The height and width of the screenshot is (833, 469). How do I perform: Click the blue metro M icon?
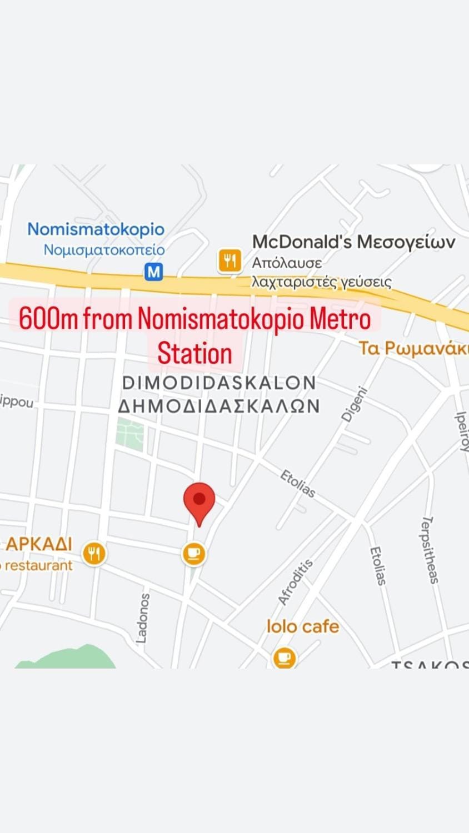click(153, 272)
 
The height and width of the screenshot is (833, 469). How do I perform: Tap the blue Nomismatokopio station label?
click(96, 229)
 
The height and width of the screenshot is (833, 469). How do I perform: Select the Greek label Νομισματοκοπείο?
click(104, 250)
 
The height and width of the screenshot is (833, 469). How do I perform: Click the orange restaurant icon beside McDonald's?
click(229, 260)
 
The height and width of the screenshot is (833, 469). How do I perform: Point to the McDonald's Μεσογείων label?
click(353, 242)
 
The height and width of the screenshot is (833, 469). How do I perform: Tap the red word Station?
click(194, 354)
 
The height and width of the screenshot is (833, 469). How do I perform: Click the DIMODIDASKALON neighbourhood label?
click(219, 383)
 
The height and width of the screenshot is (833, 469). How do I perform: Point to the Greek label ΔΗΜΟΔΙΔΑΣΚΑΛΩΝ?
click(219, 407)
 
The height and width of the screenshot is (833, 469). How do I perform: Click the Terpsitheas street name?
click(430, 550)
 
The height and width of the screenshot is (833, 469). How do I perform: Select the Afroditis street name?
click(295, 581)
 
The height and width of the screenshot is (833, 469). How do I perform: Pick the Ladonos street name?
click(143, 618)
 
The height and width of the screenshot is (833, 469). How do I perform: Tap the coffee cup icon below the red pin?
click(194, 554)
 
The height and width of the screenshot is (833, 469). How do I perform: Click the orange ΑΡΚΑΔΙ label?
click(39, 544)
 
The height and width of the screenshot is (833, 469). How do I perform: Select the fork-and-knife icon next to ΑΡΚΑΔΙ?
click(94, 554)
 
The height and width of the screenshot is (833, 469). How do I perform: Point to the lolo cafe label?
click(303, 627)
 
